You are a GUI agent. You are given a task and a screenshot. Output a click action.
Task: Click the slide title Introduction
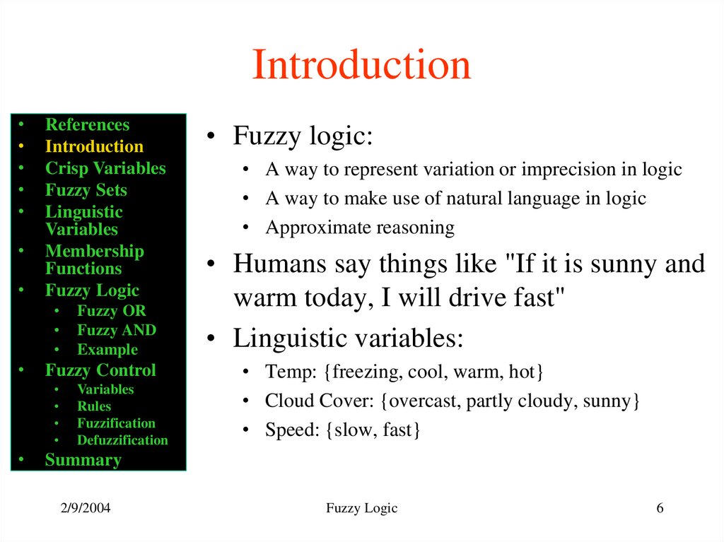361,65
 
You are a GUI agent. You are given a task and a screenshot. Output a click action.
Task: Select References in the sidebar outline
87,125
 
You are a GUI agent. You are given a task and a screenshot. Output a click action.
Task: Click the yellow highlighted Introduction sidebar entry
94,147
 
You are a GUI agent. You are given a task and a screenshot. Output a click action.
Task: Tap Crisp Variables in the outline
105,169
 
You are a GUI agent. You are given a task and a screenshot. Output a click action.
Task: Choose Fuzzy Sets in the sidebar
86,190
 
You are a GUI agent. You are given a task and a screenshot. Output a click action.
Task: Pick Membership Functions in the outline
94,260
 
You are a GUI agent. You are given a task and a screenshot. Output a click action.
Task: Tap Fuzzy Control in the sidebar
100,370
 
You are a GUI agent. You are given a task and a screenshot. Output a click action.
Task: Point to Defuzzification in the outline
122,440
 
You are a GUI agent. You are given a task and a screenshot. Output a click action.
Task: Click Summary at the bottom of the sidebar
83,460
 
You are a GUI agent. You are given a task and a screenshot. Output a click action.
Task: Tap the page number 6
660,508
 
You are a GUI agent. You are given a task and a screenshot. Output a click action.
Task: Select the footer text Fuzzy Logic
362,508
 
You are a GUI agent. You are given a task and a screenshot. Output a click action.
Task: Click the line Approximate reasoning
359,228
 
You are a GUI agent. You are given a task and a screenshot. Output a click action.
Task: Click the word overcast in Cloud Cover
421,401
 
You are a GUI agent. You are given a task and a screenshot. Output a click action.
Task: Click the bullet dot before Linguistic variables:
210,339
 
